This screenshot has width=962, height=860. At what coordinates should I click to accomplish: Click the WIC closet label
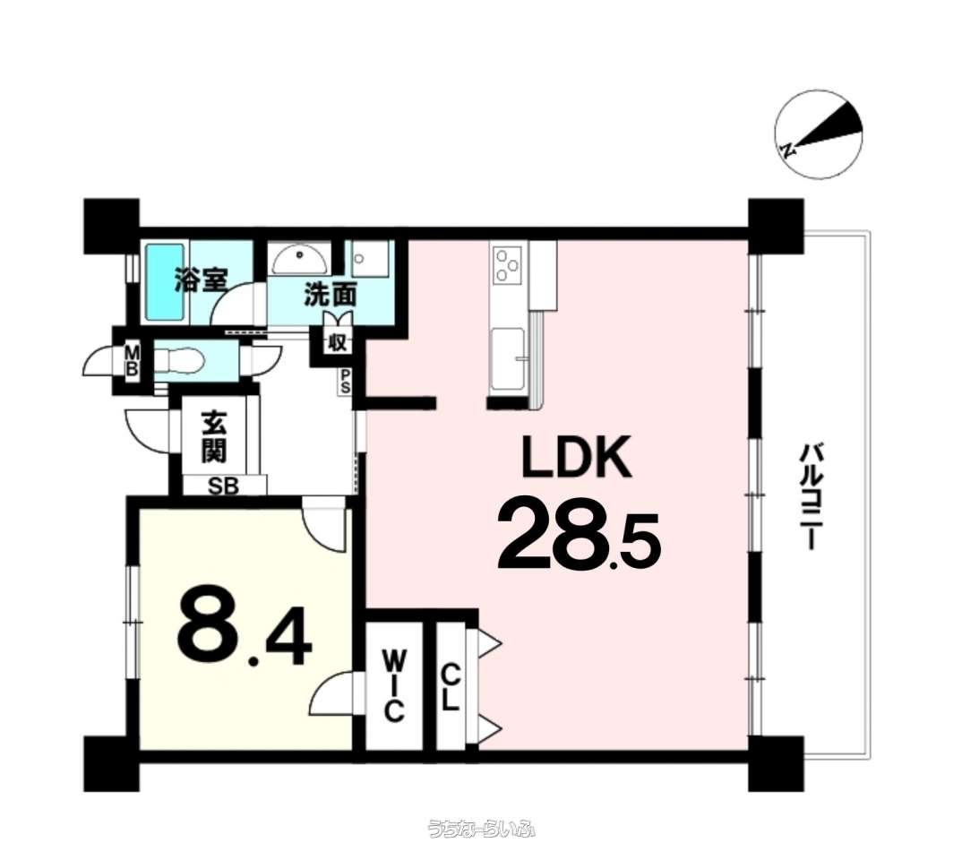[x=394, y=686]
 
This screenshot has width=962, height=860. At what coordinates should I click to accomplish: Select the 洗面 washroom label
[x=331, y=296]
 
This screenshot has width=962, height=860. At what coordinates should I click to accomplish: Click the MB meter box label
[x=133, y=361]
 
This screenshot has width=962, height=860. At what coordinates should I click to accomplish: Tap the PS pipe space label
[x=346, y=382]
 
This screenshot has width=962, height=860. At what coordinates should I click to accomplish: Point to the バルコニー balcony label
[x=810, y=497]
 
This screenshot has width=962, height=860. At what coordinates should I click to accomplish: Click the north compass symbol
[x=819, y=135]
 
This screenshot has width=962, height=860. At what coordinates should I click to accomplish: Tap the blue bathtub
[x=165, y=281]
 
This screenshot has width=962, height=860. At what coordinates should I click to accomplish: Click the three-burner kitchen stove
[x=509, y=265]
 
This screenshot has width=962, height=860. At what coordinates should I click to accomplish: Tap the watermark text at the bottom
[x=482, y=829]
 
